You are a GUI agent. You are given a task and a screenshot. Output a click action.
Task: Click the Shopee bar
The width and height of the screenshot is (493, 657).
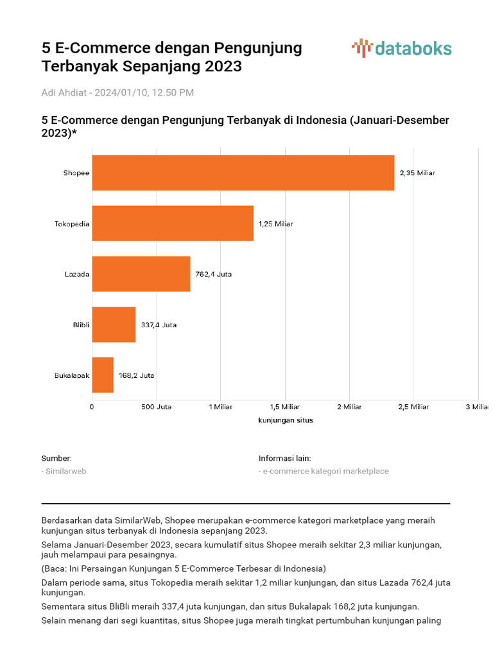pyautogui.click(x=243, y=173)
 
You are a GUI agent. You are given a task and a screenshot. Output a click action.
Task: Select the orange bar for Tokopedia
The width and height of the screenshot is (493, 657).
pyautogui.click(x=173, y=223)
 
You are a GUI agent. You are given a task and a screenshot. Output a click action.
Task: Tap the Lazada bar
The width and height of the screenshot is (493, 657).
pyautogui.click(x=141, y=274)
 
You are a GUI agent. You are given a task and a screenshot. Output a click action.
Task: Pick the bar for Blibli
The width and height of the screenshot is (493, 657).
pyautogui.click(x=114, y=325)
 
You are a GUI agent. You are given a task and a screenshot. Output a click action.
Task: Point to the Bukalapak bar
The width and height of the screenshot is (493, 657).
pyautogui.click(x=103, y=375)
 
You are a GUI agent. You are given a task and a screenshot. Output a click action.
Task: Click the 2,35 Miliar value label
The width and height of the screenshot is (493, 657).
pyautogui.click(x=417, y=173)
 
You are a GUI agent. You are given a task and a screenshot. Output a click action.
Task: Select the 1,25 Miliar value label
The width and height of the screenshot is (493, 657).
pyautogui.click(x=276, y=224)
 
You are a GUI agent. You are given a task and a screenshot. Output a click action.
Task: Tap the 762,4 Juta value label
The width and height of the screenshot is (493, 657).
pyautogui.click(x=214, y=274)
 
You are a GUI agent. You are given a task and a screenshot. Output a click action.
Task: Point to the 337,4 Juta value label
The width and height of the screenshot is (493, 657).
pyautogui.click(x=159, y=325)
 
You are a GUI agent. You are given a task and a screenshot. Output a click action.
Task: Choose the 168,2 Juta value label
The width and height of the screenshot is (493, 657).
pyautogui.click(x=136, y=375)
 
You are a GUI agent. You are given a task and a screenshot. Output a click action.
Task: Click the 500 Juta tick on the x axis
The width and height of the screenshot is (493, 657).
pyautogui.click(x=156, y=407)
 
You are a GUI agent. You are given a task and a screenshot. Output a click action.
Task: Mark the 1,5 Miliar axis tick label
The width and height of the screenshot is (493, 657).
pyautogui.click(x=285, y=407)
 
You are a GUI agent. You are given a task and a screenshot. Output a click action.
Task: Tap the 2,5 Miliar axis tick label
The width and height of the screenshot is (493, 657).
pyautogui.click(x=413, y=407)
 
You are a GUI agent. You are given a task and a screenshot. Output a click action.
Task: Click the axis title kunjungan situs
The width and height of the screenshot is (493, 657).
pyautogui.click(x=285, y=421)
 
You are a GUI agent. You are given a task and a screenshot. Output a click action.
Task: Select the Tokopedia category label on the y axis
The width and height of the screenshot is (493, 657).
pyautogui.click(x=72, y=224)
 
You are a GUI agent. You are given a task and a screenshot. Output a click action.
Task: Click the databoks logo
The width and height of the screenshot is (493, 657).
pyautogui.click(x=402, y=48)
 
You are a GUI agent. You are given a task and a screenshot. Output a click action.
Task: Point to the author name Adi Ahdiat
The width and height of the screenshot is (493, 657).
pyautogui.click(x=65, y=92)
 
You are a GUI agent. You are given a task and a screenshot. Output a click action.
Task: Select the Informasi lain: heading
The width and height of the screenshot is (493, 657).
pyautogui.click(x=285, y=458)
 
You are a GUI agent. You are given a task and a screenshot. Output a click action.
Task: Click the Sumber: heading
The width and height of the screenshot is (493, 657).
pyautogui.click(x=56, y=458)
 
